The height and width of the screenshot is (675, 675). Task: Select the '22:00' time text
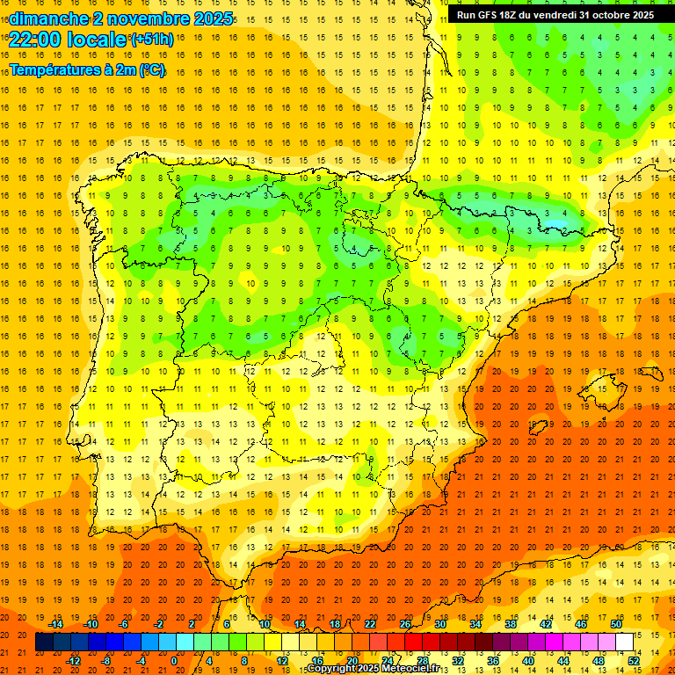[x=36, y=39]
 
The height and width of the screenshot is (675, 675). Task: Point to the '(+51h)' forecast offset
[x=151, y=40]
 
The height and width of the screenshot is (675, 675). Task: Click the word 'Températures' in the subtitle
[x=54, y=69]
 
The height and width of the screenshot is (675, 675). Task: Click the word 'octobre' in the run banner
[x=604, y=15]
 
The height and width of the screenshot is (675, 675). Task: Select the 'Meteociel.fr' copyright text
[x=415, y=669]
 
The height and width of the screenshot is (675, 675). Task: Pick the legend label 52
[x=634, y=660]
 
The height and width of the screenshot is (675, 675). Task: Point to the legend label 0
[x=174, y=660]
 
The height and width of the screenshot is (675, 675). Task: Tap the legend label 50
[x=616, y=624]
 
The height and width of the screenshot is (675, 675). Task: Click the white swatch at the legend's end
[x=624, y=642]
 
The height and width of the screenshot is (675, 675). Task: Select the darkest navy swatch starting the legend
[x=44, y=642]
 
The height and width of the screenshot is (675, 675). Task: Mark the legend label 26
[x=405, y=624]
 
